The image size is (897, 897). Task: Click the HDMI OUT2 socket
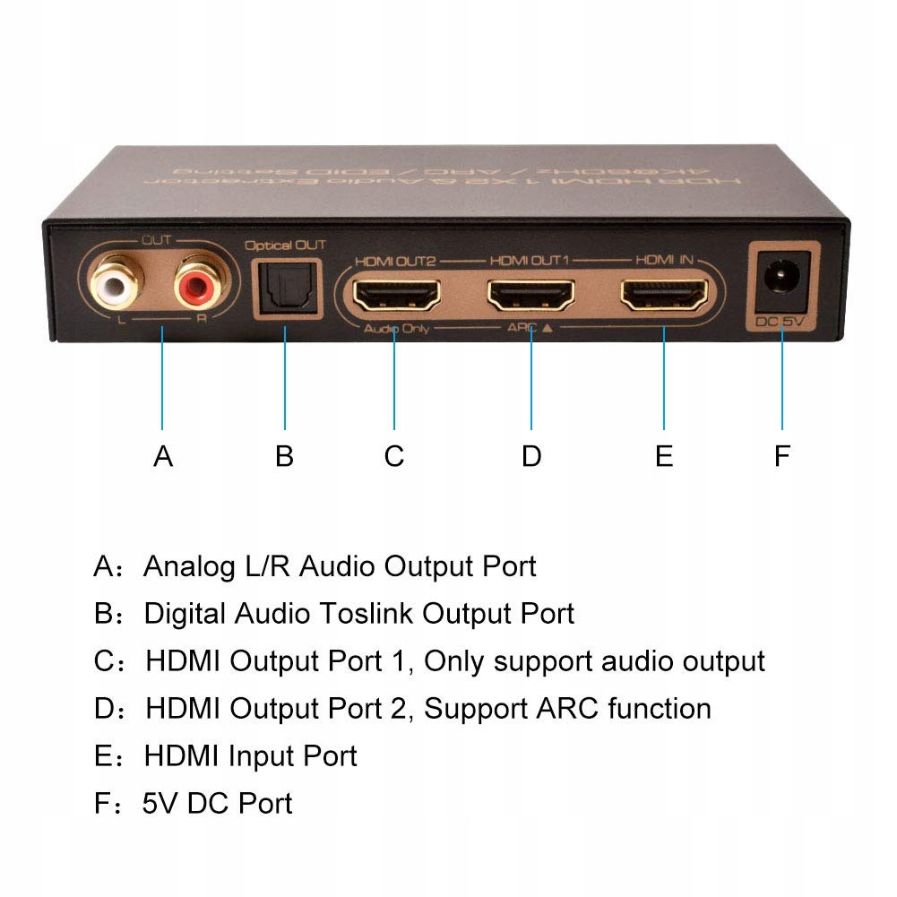click(x=395, y=293)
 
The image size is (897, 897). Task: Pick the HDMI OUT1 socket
click(x=530, y=293)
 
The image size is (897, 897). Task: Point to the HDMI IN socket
click(x=664, y=293)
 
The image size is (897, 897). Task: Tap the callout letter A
click(x=162, y=456)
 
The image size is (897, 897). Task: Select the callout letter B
click(x=284, y=456)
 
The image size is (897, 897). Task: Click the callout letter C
click(x=394, y=456)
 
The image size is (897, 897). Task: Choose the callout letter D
click(x=531, y=456)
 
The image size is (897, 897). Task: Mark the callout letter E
click(x=664, y=456)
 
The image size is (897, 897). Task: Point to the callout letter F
click(x=782, y=456)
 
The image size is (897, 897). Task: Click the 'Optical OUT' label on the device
click(x=285, y=245)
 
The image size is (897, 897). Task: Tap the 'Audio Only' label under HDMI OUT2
click(x=396, y=329)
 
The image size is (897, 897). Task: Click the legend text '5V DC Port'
click(x=218, y=803)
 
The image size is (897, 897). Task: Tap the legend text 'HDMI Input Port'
click(x=251, y=755)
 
